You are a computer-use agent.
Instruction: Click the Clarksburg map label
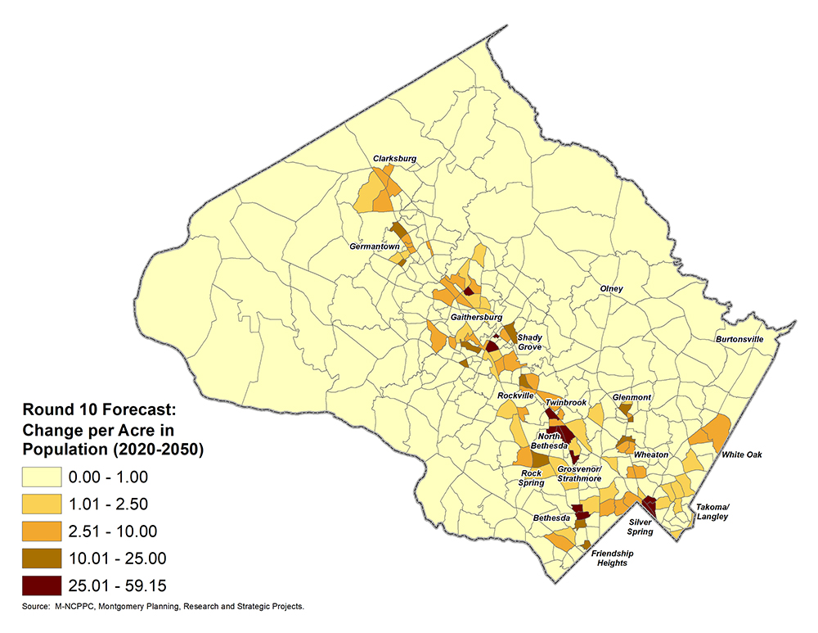point(395,158)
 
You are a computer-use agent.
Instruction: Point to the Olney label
point(611,289)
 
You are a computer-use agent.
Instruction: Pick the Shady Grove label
point(529,342)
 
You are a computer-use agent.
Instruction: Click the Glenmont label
point(631,398)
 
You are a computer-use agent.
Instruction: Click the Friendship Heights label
point(612,558)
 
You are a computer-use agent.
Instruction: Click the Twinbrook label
point(566,403)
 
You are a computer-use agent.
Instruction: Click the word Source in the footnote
point(36,607)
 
